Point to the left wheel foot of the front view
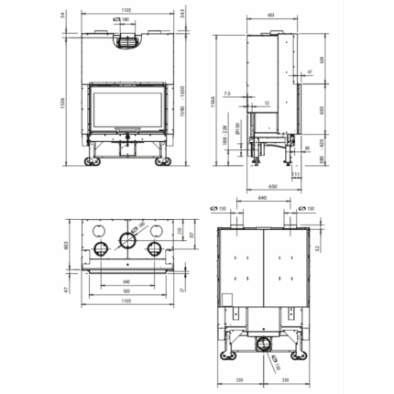tap(93, 162)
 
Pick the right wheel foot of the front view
tap(162, 162)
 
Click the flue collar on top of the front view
tap(127, 40)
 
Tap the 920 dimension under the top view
tap(126, 291)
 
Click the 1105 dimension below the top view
tap(126, 301)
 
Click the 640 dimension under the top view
tap(126, 281)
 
